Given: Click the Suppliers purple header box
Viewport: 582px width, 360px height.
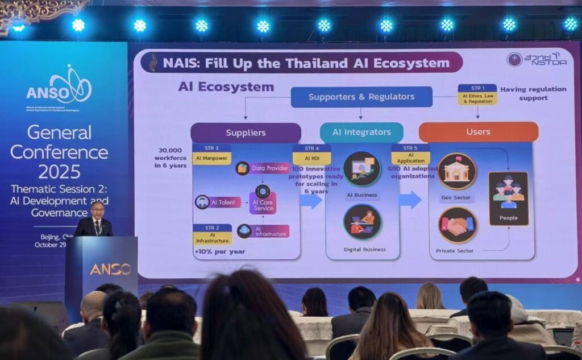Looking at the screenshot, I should pyautogui.click(x=246, y=133).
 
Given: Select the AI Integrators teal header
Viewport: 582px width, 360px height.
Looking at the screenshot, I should pyautogui.click(x=361, y=133).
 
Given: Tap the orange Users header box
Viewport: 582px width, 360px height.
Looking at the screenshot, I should pyautogui.click(x=478, y=132).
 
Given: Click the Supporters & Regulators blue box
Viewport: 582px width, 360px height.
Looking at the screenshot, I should pyautogui.click(x=361, y=97).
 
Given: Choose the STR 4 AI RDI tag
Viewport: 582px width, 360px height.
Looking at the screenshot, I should pyautogui.click(x=311, y=155).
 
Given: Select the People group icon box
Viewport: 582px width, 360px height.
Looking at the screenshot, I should pyautogui.click(x=508, y=198).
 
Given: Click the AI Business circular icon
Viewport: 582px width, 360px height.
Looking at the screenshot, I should pyautogui.click(x=362, y=168).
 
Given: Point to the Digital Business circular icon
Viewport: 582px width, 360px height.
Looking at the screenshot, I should pyautogui.click(x=362, y=222).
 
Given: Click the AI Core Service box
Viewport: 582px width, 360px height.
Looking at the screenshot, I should pyautogui.click(x=263, y=203).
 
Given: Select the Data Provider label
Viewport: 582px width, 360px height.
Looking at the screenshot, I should pyautogui.click(x=269, y=168).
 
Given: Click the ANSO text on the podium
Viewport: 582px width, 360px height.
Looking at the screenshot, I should pyautogui.click(x=110, y=269).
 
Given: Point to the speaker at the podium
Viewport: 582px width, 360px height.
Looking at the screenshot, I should pyautogui.click(x=94, y=219).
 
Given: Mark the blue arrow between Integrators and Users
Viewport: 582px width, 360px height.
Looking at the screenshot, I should pyautogui.click(x=410, y=200).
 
